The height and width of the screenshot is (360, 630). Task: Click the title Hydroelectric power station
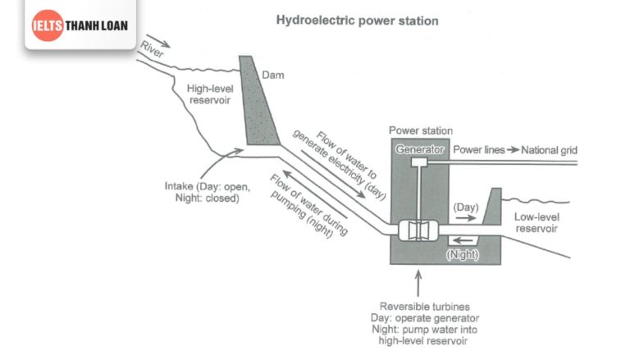[358, 21]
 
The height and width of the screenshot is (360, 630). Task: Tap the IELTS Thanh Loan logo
[80, 25]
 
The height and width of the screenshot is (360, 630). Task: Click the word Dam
[272, 75]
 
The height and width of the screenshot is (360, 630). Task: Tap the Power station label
[421, 130]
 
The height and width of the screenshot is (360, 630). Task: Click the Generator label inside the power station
[420, 150]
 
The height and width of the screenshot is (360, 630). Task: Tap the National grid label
[551, 150]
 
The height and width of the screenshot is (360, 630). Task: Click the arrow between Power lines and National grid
[513, 150]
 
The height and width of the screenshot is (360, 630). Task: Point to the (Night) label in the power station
[462, 254]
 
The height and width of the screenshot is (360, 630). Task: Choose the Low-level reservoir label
[536, 223]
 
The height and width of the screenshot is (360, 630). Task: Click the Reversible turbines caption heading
[419, 306]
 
